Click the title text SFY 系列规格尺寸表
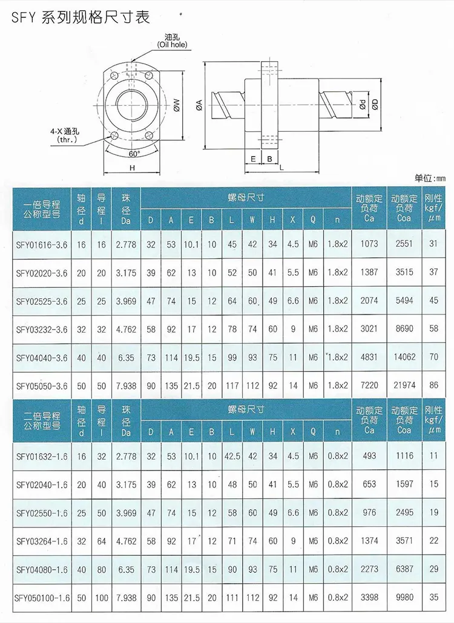(79, 16)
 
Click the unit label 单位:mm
(429, 178)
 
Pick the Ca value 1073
(369, 244)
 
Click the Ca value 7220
(369, 386)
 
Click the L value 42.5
(232, 457)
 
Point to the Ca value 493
(369, 457)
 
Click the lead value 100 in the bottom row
(102, 598)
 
